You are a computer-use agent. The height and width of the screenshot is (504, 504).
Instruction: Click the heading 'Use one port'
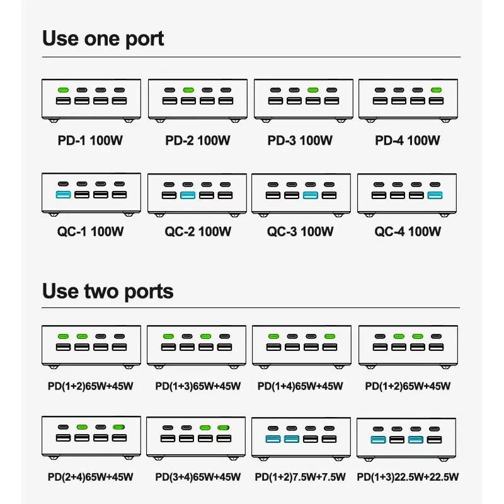click(103, 38)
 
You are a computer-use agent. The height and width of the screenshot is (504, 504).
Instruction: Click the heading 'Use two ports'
click(107, 291)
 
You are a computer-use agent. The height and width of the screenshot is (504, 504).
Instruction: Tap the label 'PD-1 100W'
click(91, 140)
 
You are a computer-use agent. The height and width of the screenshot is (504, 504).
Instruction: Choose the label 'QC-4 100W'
click(408, 231)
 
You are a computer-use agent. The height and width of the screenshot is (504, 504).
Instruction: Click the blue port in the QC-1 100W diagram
click(63, 195)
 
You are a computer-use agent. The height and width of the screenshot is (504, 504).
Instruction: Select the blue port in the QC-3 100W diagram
click(309, 195)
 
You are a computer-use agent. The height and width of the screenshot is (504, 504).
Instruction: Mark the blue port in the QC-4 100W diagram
click(435, 195)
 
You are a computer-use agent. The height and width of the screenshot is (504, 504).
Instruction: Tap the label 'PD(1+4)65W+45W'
click(301, 386)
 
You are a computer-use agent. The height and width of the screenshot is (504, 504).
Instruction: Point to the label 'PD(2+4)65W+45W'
click(91, 477)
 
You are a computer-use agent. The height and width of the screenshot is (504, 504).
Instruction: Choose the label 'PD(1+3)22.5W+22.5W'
click(408, 477)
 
